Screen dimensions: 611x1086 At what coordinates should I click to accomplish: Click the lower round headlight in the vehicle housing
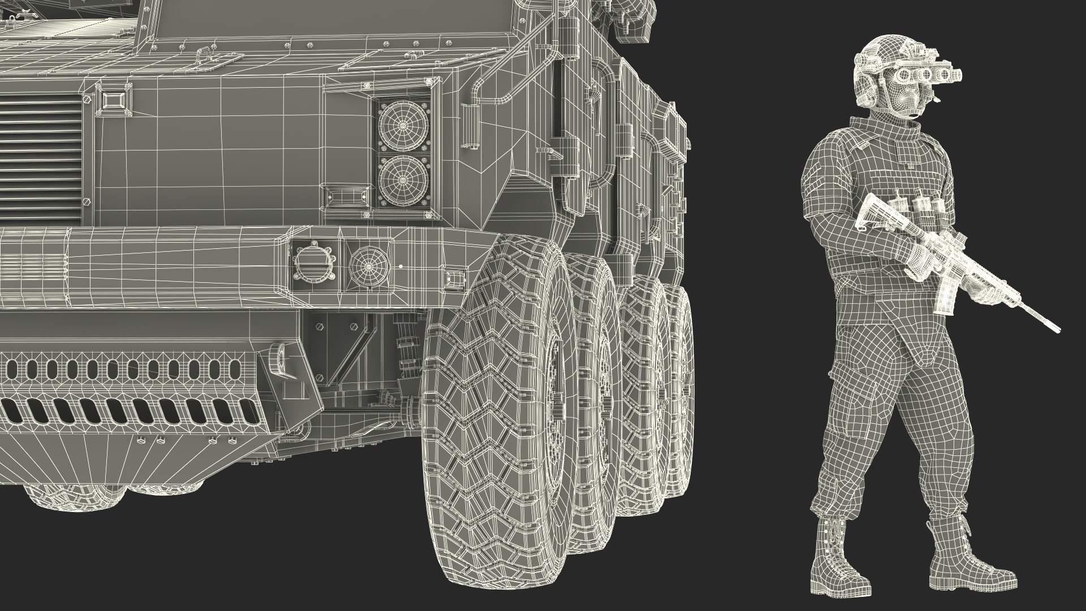pos(403,180)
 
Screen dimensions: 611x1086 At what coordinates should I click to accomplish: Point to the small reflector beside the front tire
pos(454,277)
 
